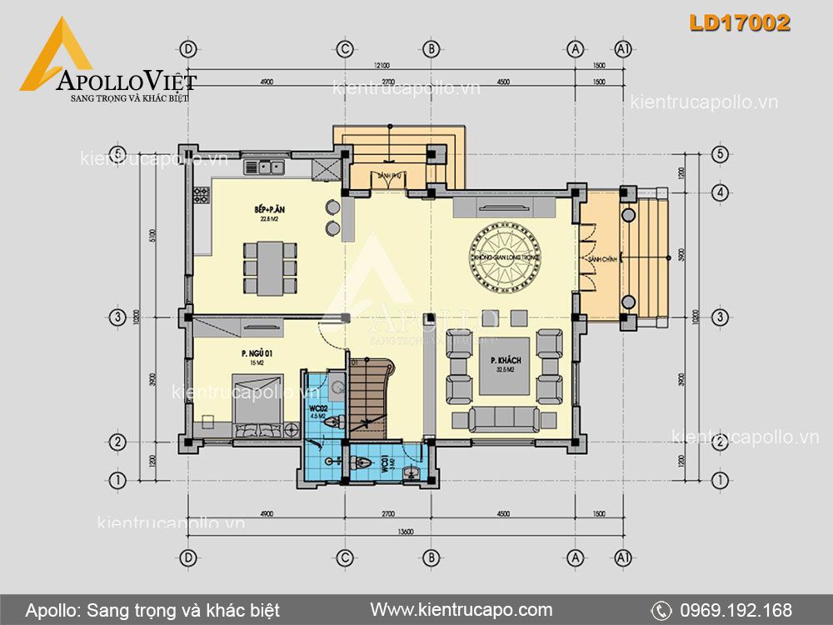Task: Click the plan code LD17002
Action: [739, 24]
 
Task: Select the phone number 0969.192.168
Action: [735, 610]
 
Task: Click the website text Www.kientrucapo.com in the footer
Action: [461, 610]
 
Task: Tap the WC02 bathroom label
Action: [316, 411]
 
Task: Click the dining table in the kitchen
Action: [270, 268]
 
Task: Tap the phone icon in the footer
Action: [661, 610]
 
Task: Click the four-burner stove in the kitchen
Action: [201, 196]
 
